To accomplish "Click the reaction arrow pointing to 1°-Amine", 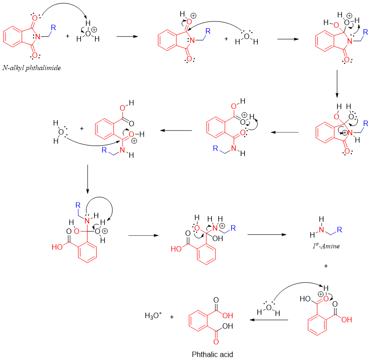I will click(266, 235).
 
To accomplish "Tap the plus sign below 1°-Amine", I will click(326, 265).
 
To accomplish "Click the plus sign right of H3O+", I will click(172, 315).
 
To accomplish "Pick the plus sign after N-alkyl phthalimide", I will click(67, 35).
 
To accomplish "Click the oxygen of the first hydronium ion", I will click(88, 32).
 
